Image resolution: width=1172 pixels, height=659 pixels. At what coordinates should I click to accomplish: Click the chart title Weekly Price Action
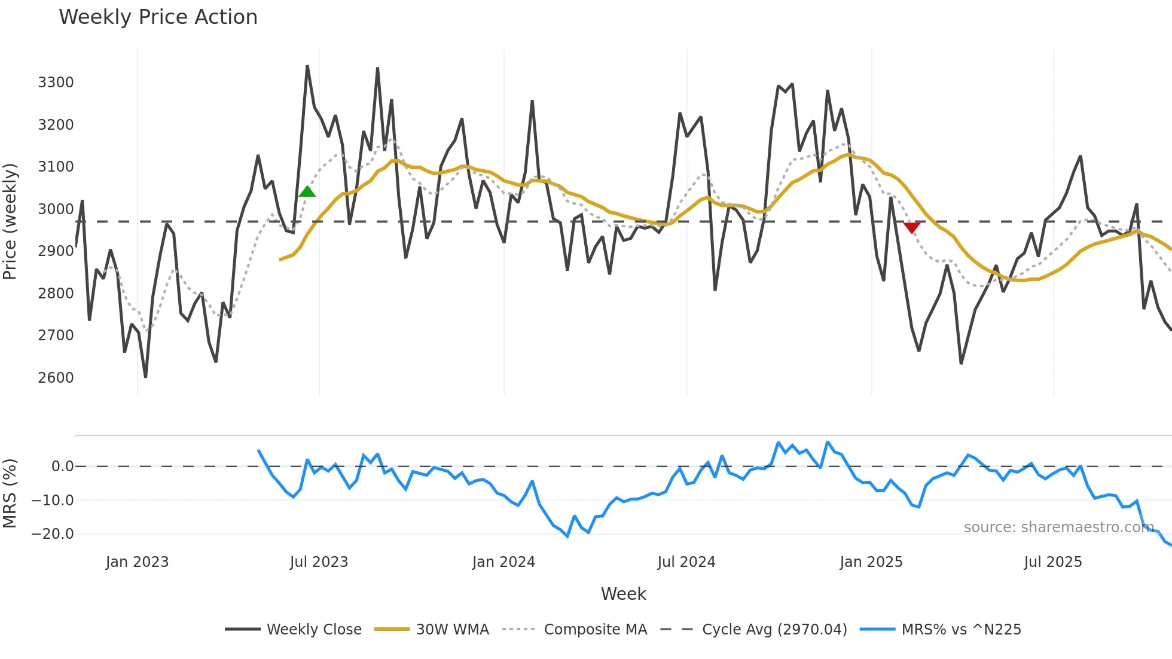tap(158, 17)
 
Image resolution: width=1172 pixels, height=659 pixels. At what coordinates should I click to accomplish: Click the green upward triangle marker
tap(307, 192)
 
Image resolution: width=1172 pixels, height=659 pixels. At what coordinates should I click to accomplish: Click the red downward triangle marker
tap(911, 227)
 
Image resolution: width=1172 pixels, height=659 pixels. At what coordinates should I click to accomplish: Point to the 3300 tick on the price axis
tap(56, 83)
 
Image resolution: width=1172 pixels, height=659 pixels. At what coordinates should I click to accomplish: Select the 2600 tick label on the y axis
tap(56, 378)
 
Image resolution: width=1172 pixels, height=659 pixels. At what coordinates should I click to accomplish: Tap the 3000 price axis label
tap(56, 209)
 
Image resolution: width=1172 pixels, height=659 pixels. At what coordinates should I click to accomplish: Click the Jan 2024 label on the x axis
tap(503, 562)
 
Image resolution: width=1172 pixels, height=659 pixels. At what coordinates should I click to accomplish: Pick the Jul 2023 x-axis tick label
tap(319, 562)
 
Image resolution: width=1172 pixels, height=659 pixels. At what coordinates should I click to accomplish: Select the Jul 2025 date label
tap(1052, 562)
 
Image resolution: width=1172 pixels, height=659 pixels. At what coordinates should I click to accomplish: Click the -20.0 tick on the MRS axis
tap(53, 534)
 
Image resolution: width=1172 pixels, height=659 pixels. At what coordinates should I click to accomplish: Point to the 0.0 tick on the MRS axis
tap(62, 466)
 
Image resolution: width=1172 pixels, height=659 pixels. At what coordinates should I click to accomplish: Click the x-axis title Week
tap(623, 594)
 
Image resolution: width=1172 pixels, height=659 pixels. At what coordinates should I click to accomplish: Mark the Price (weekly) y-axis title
tap(10, 221)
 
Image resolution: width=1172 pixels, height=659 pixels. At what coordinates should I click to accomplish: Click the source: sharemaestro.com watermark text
tap(1058, 527)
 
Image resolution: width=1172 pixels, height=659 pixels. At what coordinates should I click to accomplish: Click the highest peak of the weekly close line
tap(307, 66)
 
